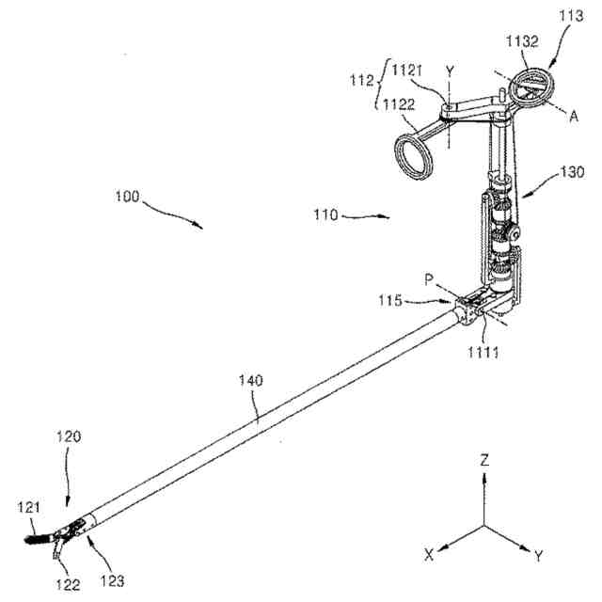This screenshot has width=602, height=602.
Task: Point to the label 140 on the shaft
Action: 251,382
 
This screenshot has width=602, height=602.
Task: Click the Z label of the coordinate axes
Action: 484,462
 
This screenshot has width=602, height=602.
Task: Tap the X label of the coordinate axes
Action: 429,555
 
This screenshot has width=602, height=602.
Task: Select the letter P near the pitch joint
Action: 429,278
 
